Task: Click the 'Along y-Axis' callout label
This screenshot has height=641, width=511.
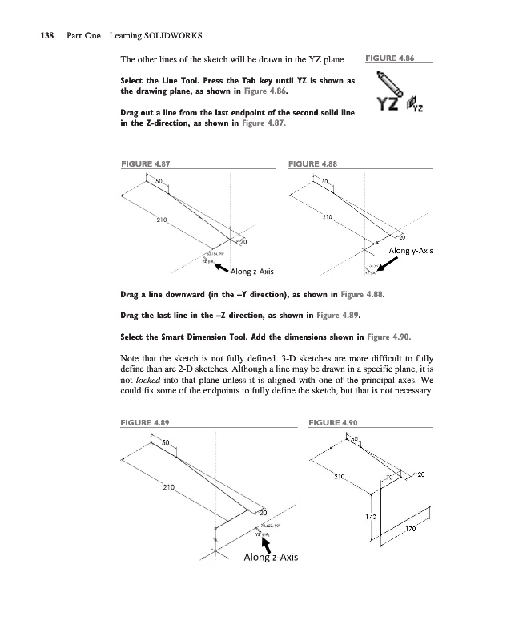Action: click(x=410, y=251)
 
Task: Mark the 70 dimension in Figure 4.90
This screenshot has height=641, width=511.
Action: click(x=389, y=478)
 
